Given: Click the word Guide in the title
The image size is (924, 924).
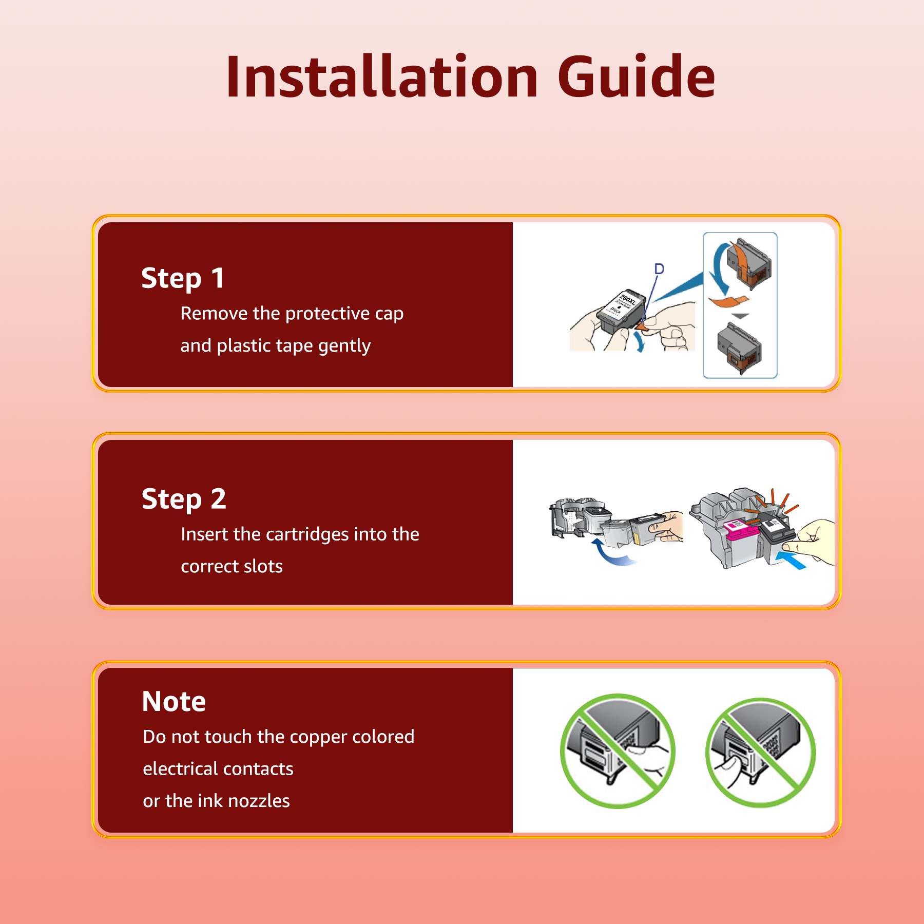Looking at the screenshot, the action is coord(637,77).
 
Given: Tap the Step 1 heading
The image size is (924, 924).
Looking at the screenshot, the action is coord(183,279).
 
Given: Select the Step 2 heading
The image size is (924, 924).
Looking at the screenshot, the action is coord(184,499).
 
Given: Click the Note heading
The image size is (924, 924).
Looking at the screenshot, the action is coord(174,701).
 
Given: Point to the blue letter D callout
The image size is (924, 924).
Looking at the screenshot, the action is coord(659,269).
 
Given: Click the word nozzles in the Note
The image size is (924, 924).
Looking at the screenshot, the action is coord(262,801).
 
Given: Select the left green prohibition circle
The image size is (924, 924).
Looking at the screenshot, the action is coord(618,751).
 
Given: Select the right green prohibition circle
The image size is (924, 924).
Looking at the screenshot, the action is coord(761,753).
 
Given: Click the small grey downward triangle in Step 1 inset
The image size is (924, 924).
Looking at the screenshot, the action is coord(740,316).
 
